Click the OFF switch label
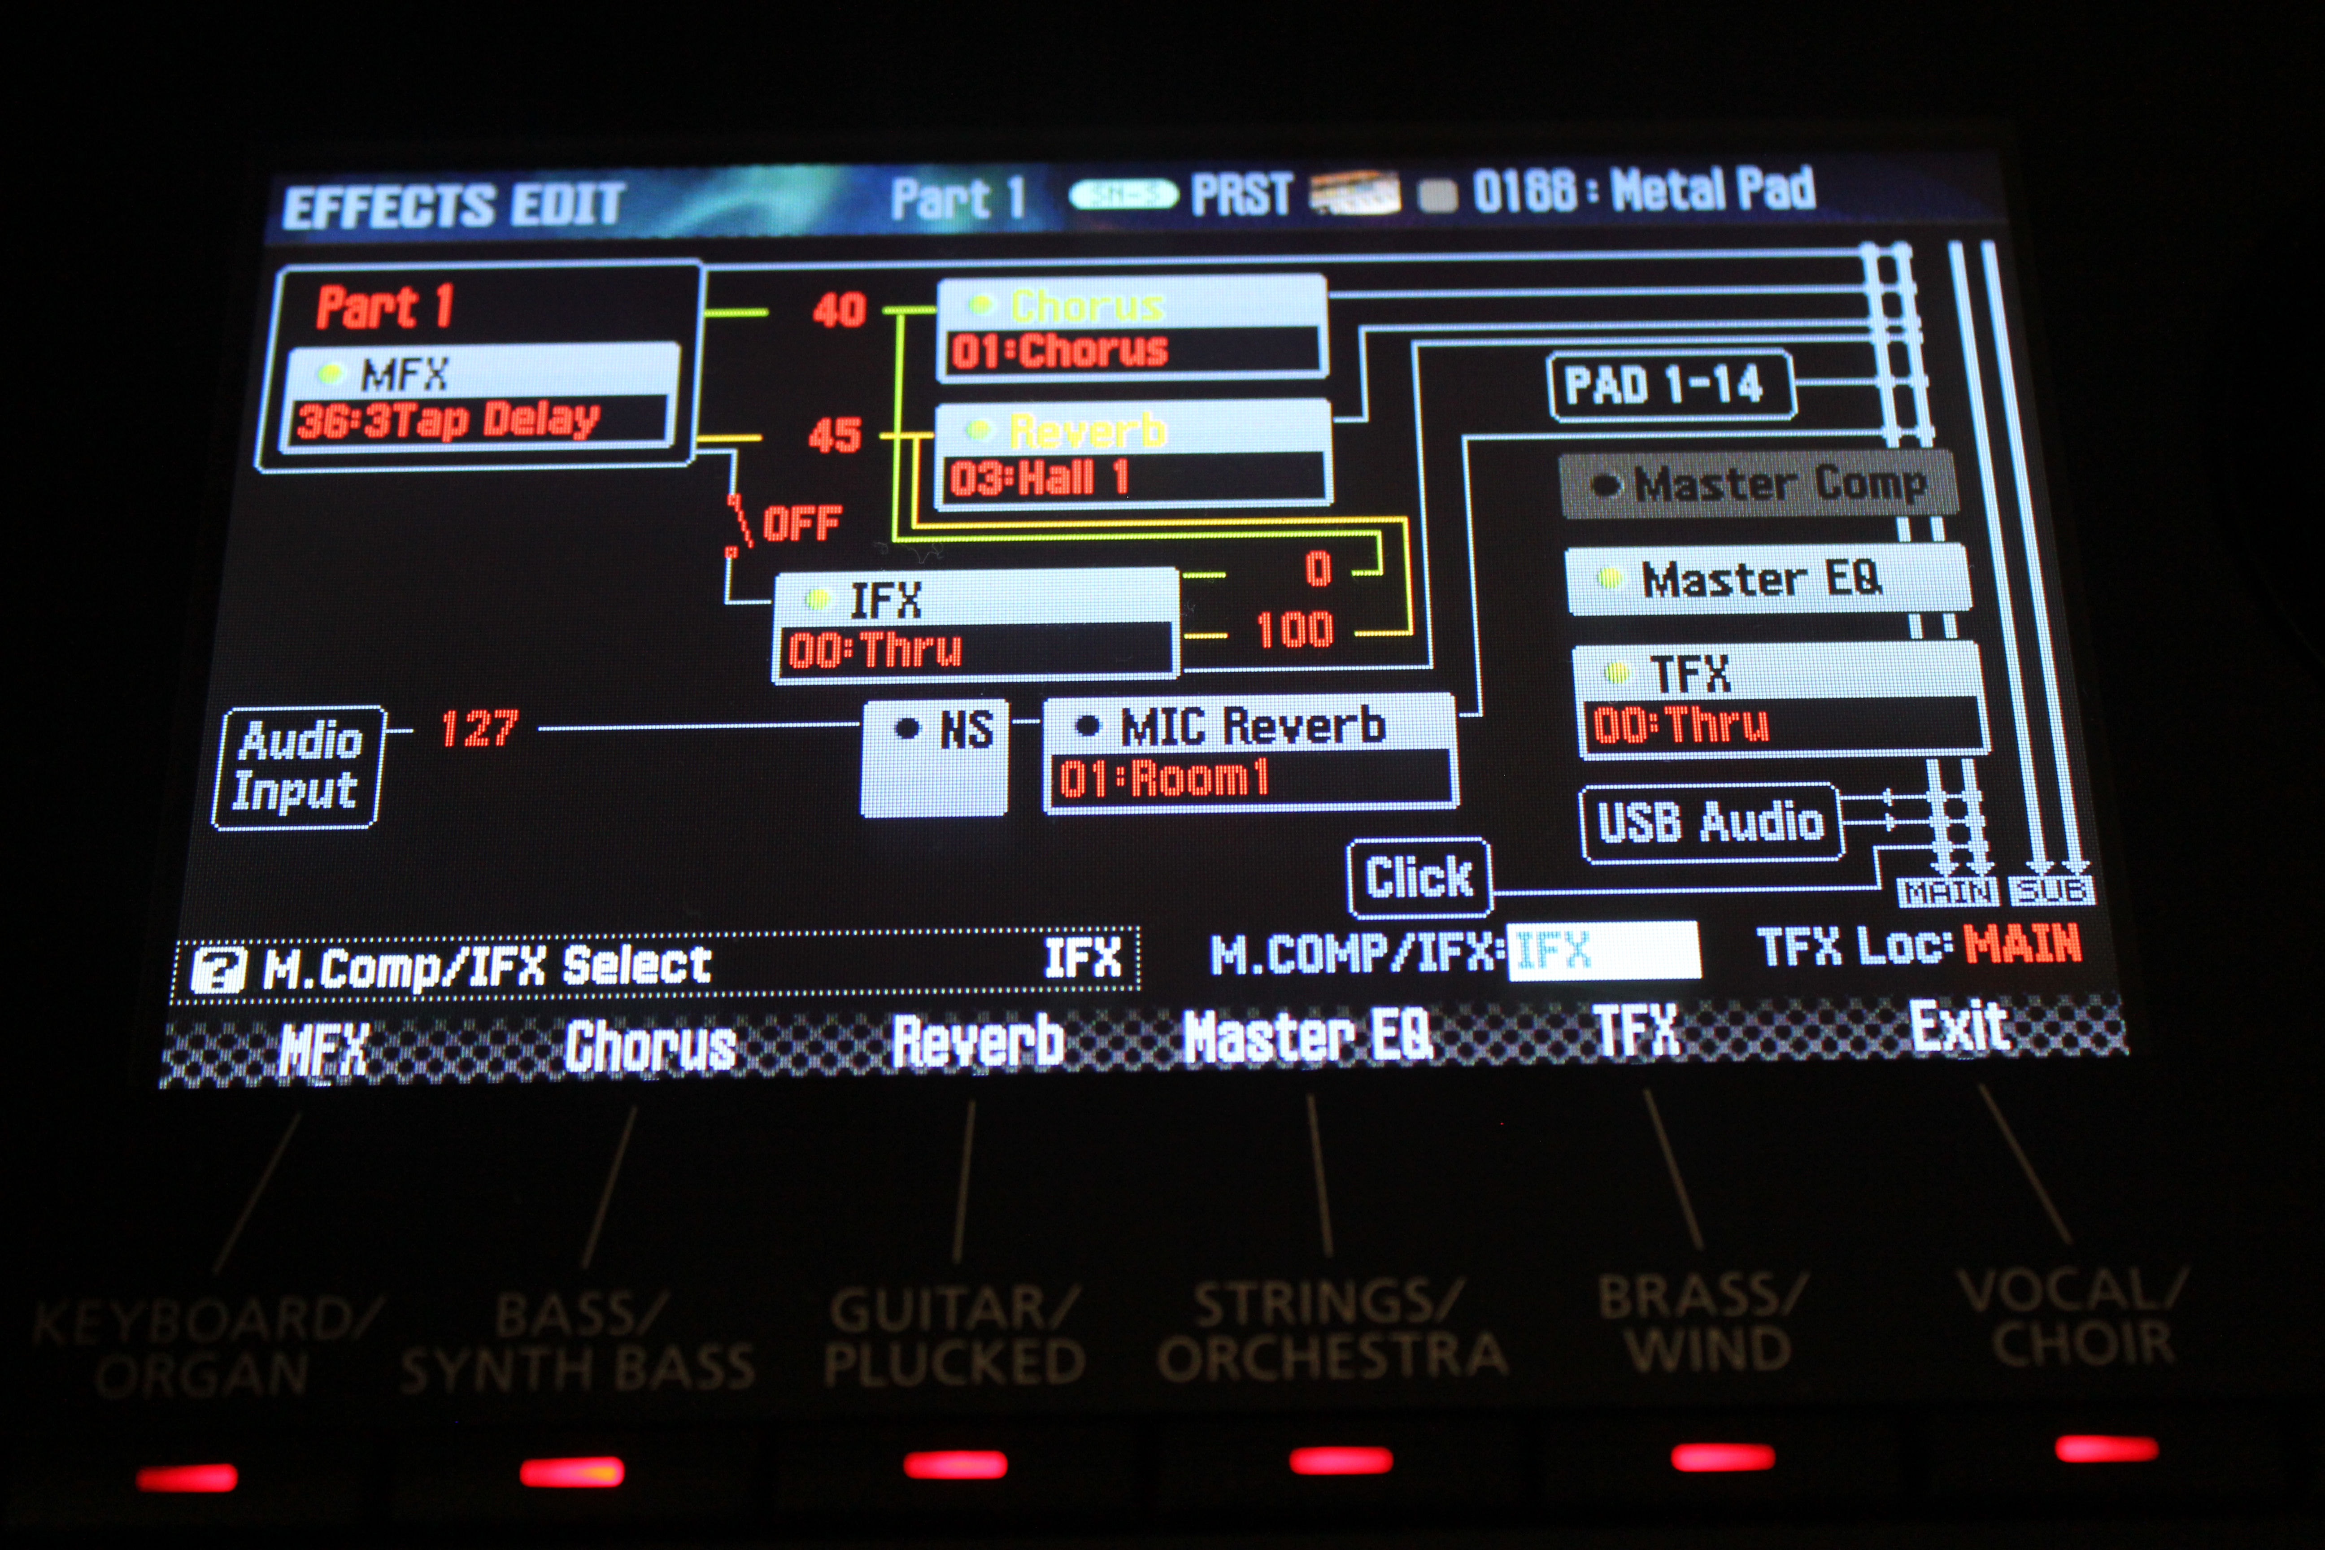[801, 523]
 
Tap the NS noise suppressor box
[935, 757]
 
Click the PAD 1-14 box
[1668, 384]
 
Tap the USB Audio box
[1710, 823]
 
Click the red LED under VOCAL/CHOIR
[2106, 1449]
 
